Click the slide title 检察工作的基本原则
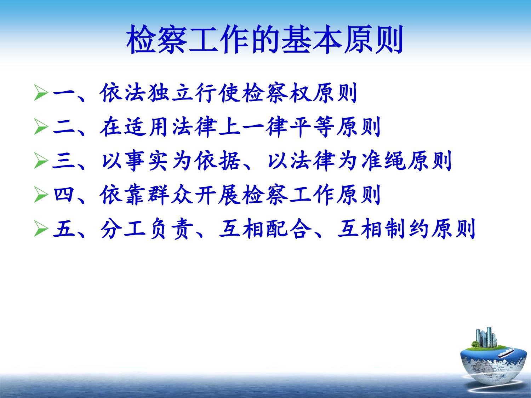coord(265,39)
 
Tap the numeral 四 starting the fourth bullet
coord(63,195)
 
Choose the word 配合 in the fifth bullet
coord(289,229)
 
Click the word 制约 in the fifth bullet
coord(407,229)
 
